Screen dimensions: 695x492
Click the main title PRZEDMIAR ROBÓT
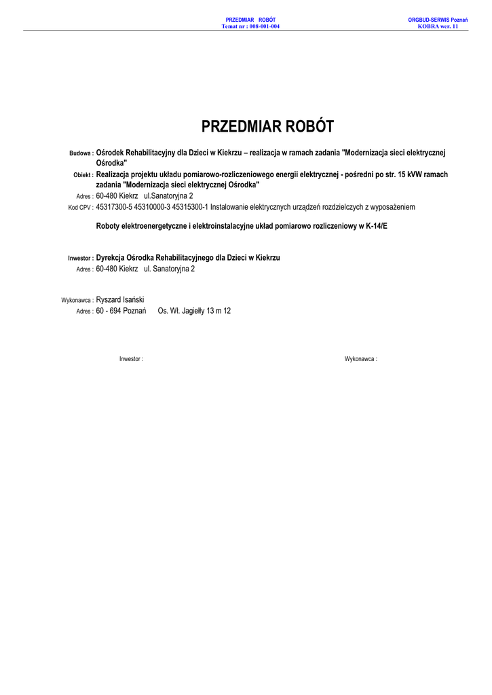point(267,127)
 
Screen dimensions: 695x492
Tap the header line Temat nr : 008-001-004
point(250,26)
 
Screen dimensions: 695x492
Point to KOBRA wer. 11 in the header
point(438,26)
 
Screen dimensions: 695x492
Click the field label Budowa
point(81,154)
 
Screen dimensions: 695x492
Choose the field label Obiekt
point(83,175)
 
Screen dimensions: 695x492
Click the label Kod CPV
point(80,207)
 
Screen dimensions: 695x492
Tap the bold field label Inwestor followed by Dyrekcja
point(80,259)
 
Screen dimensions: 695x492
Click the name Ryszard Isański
point(120,299)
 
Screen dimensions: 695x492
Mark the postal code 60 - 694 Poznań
point(121,311)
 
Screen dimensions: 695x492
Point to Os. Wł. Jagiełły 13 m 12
point(194,311)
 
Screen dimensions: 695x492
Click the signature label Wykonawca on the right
point(360,359)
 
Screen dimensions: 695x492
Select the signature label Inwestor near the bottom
point(131,359)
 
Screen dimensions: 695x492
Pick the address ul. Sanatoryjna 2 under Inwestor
point(169,269)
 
